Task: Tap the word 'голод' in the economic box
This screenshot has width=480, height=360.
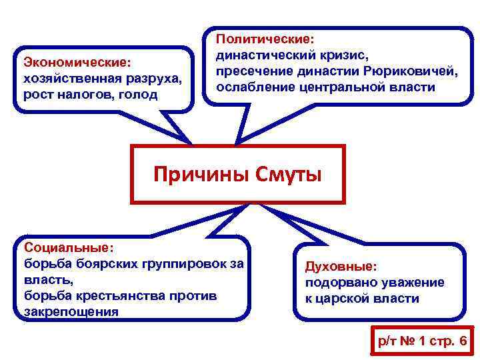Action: [141, 94]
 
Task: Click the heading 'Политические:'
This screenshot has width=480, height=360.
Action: [264, 40]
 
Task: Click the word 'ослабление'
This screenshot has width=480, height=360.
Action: [255, 88]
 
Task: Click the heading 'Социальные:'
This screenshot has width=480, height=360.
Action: [69, 247]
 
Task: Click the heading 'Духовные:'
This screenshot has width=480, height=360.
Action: [341, 267]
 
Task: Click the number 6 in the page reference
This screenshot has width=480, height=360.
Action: [463, 341]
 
